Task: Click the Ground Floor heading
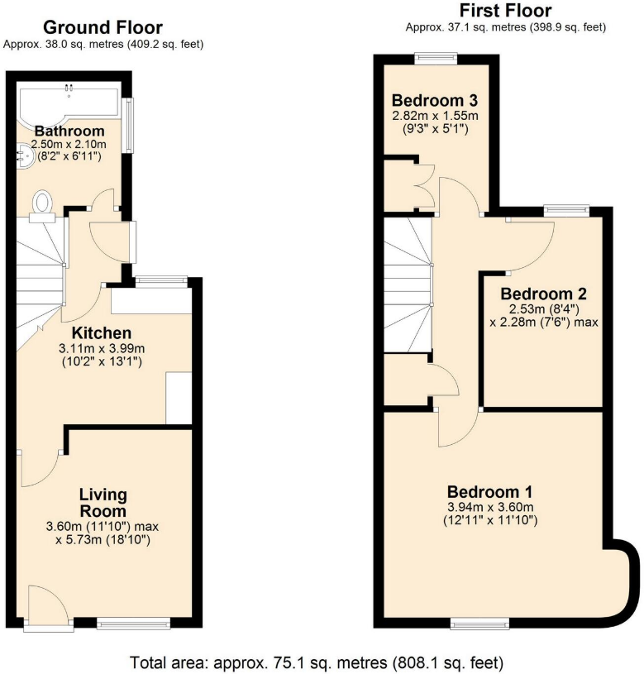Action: pyautogui.click(x=103, y=28)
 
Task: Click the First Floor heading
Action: pyautogui.click(x=505, y=11)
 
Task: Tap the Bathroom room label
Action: pyautogui.click(x=69, y=131)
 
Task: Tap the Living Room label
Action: pyautogui.click(x=103, y=503)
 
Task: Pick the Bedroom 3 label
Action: pyautogui.click(x=435, y=101)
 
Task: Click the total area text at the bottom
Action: pyautogui.click(x=316, y=662)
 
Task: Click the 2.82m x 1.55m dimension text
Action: pyautogui.click(x=435, y=116)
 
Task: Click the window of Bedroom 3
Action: pyautogui.click(x=436, y=57)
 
